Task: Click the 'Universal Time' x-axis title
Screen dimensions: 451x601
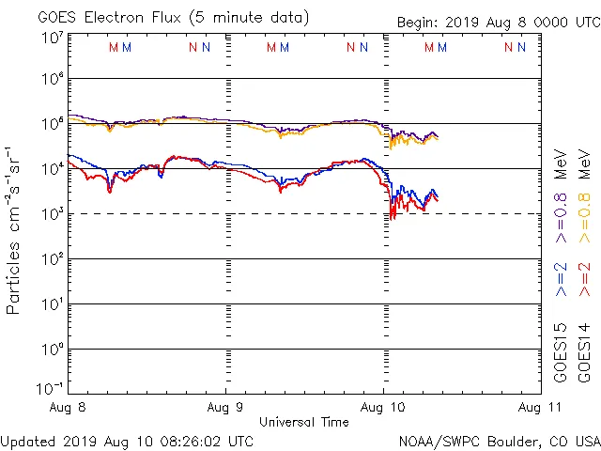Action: (x=304, y=422)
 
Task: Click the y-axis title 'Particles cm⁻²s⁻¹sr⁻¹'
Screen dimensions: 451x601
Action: (x=14, y=230)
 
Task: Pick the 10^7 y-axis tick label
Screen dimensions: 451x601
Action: (x=52, y=38)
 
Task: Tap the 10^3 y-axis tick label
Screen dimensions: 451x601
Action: (x=52, y=214)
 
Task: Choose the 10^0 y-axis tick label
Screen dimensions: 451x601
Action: (x=52, y=350)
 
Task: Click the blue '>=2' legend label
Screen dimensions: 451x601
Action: (x=562, y=278)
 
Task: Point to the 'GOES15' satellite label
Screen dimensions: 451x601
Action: (x=562, y=352)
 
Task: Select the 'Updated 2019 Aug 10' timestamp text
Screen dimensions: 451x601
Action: (x=127, y=440)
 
